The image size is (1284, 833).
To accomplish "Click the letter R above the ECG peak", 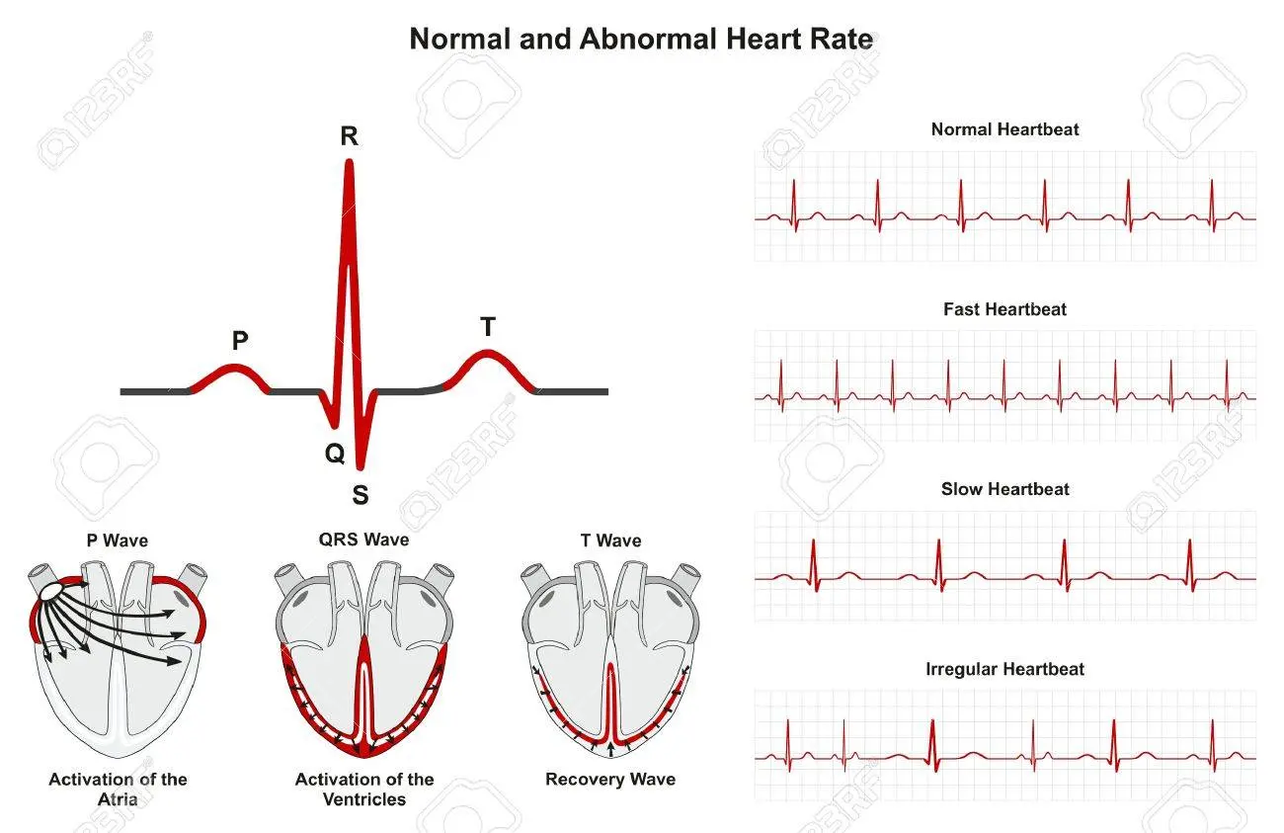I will pos(349,136).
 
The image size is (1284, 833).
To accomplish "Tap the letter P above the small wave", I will pos(240,341).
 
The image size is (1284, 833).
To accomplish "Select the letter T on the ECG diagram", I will pos(488,328).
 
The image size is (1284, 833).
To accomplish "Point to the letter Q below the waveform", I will pos(335,454).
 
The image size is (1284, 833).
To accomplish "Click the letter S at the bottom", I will pos(361,495).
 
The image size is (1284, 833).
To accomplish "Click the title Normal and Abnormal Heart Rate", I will pos(641,40).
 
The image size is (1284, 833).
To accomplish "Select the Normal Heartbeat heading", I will pos(1004,129).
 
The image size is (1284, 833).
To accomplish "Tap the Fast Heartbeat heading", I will pos(1004,309).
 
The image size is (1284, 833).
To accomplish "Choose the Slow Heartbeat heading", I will pos(1004,489).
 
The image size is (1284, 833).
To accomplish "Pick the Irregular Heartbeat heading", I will pos(1004,669).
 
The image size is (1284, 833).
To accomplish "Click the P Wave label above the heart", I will pos(117,541).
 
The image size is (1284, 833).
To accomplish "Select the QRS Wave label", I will pos(364,540).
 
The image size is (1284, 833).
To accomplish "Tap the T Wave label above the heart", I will pos(610,541).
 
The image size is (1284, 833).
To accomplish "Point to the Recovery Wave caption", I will pos(610,780).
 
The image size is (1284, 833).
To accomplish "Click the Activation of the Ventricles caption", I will pos(364,789).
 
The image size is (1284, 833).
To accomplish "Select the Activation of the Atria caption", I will pos(118,789).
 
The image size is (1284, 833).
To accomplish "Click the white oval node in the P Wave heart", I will pos(49,589).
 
